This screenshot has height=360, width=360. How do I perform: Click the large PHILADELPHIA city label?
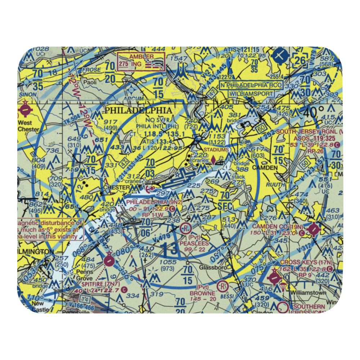tap(138, 110)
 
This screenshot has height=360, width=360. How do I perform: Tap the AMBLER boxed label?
tap(141, 57)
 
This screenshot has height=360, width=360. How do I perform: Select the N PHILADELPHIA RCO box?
tap(252, 85)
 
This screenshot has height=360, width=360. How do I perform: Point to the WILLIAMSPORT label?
tap(252, 93)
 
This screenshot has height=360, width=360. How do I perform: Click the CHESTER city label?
tap(116, 188)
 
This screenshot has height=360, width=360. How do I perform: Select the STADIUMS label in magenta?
tap(216, 149)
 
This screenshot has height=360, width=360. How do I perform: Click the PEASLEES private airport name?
tap(196, 243)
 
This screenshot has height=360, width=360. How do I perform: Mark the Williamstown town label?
tap(309, 293)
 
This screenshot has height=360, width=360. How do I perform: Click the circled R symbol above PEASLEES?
tap(185, 228)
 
